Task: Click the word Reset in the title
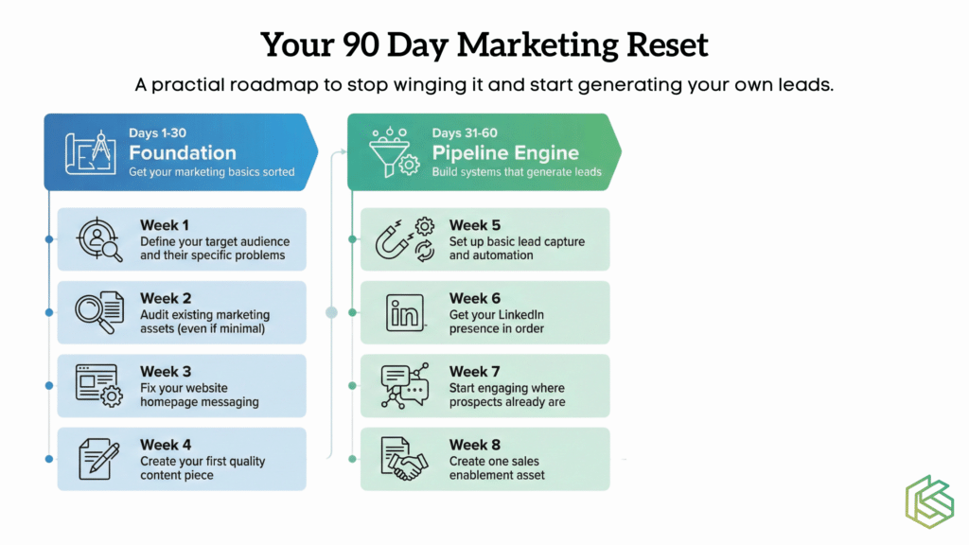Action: click(x=667, y=44)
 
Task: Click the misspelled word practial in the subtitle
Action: click(x=188, y=84)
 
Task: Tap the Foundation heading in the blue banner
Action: click(x=183, y=152)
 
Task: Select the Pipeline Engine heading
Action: click(x=505, y=152)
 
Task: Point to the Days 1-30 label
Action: click(x=158, y=132)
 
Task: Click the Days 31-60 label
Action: click(x=464, y=132)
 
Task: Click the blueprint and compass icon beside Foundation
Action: click(x=90, y=152)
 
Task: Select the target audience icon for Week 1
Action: click(x=98, y=239)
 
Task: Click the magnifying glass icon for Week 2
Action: click(x=98, y=312)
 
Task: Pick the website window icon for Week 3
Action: click(x=98, y=386)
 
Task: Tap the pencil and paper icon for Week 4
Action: click(x=98, y=459)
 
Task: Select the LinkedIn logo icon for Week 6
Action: click(x=405, y=312)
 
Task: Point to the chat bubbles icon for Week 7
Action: click(x=405, y=386)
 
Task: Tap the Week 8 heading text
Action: click(x=475, y=445)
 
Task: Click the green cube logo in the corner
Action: click(x=929, y=501)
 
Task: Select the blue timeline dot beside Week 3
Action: click(x=49, y=386)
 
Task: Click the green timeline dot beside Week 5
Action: click(x=352, y=239)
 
